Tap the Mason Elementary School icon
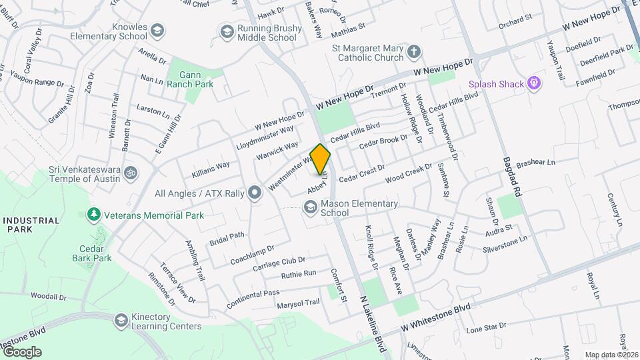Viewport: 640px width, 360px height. [x=310, y=208]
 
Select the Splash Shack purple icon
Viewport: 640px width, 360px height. [x=533, y=83]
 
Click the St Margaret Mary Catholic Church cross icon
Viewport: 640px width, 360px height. [x=414, y=52]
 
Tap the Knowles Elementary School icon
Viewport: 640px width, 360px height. [x=157, y=31]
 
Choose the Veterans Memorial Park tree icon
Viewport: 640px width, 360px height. [x=94, y=215]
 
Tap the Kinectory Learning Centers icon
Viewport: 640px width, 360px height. [x=121, y=321]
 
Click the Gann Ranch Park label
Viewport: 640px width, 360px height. [x=191, y=79]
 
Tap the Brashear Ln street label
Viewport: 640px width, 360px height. [x=535, y=162]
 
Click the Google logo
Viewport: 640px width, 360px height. [x=21, y=351]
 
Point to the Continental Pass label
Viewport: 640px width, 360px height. [x=253, y=297]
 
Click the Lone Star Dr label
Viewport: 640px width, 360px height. [x=487, y=329]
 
